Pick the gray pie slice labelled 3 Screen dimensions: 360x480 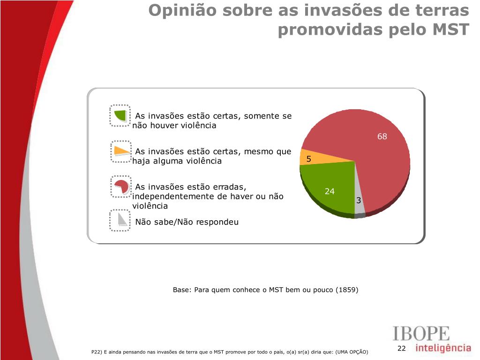[x=359, y=197]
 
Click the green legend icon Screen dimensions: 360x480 [x=121, y=115]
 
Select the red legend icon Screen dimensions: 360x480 [x=121, y=186]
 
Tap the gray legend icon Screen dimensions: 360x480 [x=121, y=219]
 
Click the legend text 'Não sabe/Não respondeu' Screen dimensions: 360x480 [x=187, y=222]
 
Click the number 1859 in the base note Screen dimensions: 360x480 [x=347, y=290]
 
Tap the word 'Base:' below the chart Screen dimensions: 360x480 [x=181, y=290]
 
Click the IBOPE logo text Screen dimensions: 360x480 [x=420, y=334]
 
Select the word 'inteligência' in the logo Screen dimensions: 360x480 [x=443, y=348]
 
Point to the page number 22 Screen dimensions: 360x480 [x=401, y=348]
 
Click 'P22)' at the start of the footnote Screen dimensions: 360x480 [x=97, y=352]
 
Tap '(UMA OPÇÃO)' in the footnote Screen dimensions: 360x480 [x=352, y=352]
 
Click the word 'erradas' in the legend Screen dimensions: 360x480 [x=227, y=187]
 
